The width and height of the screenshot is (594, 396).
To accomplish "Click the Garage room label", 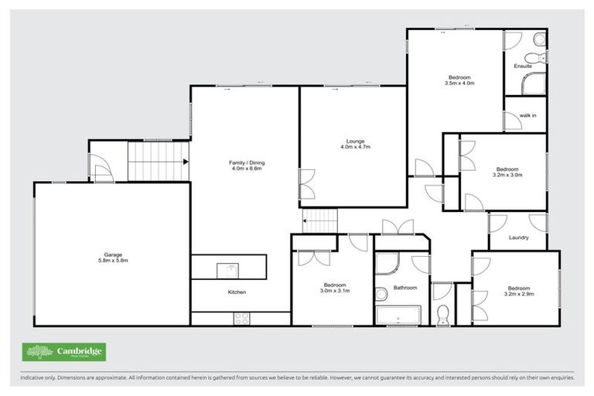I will pos(114,254).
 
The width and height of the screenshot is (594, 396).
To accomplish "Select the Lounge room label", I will pos(356,141).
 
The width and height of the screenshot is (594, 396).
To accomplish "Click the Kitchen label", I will pos(237,292).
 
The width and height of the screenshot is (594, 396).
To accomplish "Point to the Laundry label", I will pos(518,237).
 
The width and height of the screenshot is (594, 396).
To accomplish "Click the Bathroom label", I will pos(405,288).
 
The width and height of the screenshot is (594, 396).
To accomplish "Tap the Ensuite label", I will pos(523,67).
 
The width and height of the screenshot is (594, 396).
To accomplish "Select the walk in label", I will pos(527,115).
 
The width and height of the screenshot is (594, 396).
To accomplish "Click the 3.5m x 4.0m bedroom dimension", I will pos(459,82).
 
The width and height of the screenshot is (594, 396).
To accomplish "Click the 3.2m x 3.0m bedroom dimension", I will pos(507,175).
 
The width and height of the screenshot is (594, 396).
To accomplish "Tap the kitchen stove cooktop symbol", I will pos(241,317).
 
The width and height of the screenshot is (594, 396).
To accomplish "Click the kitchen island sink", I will pos(229,268).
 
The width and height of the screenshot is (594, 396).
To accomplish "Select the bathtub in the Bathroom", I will pos(398,315).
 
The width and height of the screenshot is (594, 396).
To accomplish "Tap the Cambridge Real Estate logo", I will pos(64,352).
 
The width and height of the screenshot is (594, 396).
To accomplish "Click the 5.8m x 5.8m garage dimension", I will pos(114,261).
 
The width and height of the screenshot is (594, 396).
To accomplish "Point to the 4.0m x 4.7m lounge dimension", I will pos(356,147).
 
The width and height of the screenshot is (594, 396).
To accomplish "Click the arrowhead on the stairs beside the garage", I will pos(186,162).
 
